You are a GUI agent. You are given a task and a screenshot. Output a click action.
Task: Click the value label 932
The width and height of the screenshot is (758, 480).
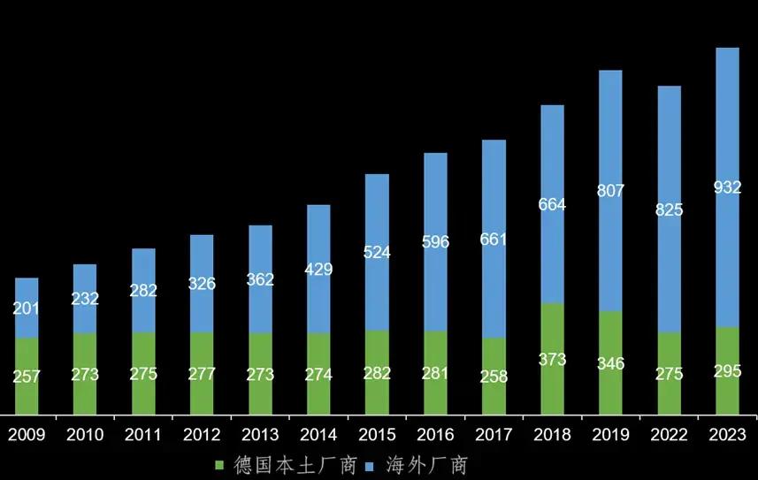727,187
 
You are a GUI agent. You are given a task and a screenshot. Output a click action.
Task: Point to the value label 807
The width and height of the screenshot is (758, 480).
610,190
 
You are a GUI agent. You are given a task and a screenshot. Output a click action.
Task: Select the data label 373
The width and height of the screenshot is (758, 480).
552,360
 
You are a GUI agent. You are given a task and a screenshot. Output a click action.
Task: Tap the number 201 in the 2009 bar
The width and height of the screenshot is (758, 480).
27,309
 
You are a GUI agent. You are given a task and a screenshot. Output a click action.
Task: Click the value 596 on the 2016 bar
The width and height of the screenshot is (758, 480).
435,240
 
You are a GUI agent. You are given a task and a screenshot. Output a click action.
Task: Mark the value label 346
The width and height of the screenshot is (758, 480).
610,362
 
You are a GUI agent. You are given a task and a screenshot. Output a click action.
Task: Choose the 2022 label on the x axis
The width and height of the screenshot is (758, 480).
669,435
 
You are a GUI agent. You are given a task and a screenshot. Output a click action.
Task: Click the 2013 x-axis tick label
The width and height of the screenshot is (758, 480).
260,435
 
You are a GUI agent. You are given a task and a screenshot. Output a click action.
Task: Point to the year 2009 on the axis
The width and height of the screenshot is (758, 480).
27,435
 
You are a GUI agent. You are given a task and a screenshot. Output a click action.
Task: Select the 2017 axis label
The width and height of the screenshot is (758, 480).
494,435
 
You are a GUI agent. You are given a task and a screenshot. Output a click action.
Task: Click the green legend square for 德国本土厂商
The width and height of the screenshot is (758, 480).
220,464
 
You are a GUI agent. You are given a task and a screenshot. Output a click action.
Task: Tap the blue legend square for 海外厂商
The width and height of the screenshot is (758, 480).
371,464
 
